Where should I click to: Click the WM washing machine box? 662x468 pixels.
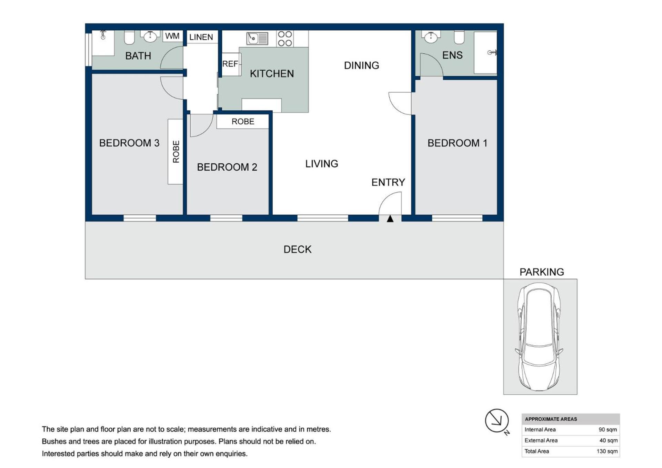(172, 36)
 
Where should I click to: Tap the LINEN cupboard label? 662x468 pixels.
(201, 37)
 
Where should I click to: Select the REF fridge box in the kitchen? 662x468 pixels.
(231, 64)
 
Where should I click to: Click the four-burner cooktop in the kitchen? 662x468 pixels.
(285, 39)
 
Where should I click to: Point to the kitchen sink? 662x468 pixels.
(257, 38)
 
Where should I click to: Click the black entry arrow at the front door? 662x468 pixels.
(390, 218)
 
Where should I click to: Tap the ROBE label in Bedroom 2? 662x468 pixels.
(243, 122)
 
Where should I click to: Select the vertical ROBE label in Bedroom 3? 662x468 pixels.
(176, 152)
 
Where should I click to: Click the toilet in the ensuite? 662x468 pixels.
(459, 37)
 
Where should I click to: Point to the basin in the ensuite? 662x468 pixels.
(431, 37)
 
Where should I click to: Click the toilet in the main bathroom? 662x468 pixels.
(129, 37)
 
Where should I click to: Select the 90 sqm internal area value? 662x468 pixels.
(608, 430)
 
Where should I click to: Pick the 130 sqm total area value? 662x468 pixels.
(607, 451)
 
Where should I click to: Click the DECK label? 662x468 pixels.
(298, 250)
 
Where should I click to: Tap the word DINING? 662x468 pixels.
(361, 65)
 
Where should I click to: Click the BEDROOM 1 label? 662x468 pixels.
(457, 143)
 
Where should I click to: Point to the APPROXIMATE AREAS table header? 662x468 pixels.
(551, 419)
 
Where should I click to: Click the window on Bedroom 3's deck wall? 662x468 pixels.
(140, 218)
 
